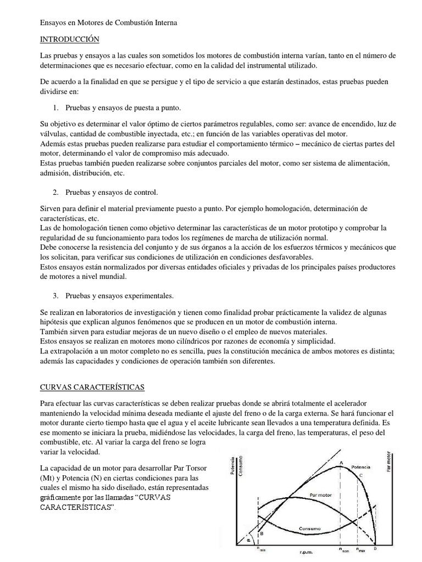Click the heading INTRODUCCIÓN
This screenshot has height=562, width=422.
[70, 40]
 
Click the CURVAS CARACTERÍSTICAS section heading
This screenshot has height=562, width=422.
[92, 387]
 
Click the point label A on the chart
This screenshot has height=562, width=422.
[342, 463]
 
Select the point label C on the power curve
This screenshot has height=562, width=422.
[360, 475]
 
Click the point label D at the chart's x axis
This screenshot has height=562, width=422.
[375, 548]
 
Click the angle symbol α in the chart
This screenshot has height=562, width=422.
[248, 539]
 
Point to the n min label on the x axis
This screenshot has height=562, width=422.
[263, 549]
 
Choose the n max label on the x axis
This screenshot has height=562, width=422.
[360, 549]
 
